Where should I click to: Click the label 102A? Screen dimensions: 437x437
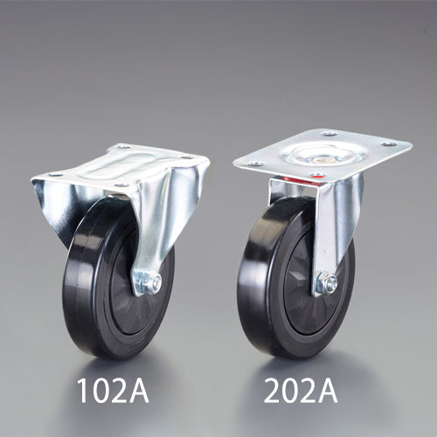[113, 391]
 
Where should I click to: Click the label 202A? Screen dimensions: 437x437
[301, 391]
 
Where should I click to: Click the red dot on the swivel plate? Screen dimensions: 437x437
[316, 177]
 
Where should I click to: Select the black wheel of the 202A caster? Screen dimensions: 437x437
[295, 277]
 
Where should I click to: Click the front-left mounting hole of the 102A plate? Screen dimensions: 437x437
[55, 175]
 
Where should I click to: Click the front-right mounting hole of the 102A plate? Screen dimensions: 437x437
[121, 185]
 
